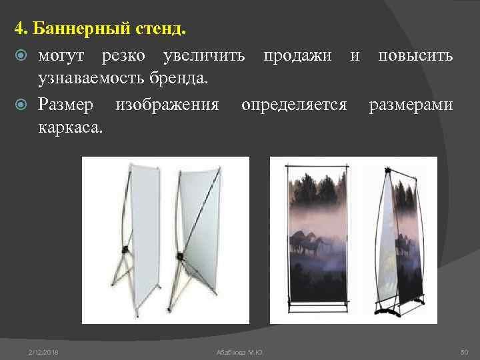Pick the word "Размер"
point(66,104)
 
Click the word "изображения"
point(167,104)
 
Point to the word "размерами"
point(411,104)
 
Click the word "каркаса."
point(70,128)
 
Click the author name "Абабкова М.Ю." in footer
point(240,351)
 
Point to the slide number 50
point(465,351)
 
